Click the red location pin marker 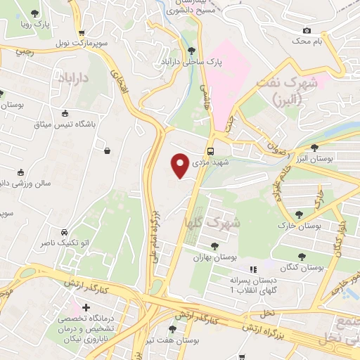[x=180, y=166]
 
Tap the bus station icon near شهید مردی [x=211, y=151]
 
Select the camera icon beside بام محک [x=307, y=30]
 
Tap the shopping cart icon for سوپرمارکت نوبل [x=82, y=32]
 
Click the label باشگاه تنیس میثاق [x=65, y=126]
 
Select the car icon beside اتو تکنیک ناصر [x=64, y=231]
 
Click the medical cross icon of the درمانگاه [x=86, y=307]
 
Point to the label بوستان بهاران [x=214, y=258]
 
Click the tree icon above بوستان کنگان [x=302, y=257]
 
